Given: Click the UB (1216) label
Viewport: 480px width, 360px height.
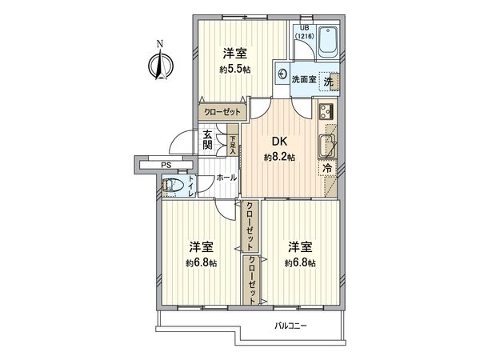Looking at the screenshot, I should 304,34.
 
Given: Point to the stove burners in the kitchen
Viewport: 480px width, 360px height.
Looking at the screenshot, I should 327,111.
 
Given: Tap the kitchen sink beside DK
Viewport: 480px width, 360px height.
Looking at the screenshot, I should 328,146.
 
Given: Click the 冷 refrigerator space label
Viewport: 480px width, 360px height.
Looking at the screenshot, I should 328,169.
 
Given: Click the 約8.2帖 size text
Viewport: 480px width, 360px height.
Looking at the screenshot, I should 279,158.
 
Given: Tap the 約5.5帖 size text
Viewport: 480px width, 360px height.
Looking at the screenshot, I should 234,70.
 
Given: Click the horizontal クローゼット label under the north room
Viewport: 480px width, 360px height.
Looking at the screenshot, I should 221,113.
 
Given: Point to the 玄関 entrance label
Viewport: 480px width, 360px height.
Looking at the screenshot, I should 207,140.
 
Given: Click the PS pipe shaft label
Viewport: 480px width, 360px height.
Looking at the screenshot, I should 166,166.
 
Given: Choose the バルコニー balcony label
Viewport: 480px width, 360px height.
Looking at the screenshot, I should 290,326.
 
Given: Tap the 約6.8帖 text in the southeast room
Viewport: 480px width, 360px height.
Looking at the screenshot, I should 300,262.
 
